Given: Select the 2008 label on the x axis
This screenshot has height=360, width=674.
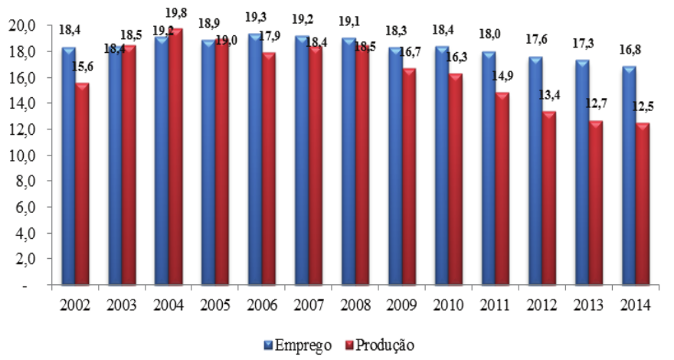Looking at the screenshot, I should [x=356, y=304].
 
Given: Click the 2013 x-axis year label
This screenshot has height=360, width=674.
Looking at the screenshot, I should [x=590, y=304].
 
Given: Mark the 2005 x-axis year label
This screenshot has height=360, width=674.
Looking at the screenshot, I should [x=216, y=304].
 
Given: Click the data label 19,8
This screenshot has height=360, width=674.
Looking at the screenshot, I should [x=178, y=11].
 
